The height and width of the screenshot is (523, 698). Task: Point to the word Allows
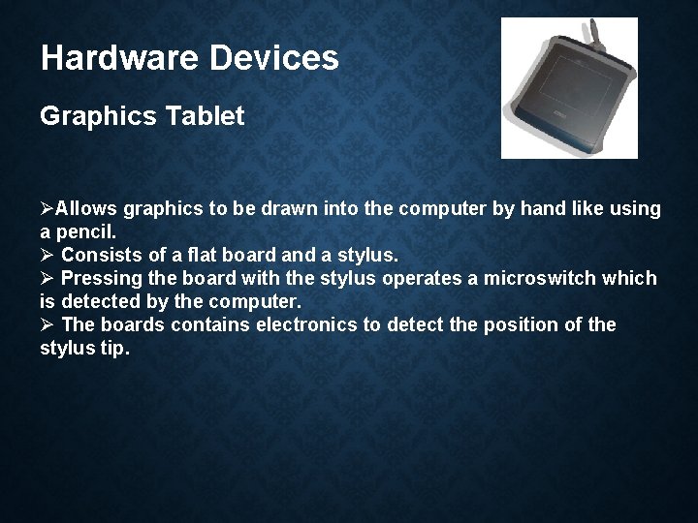click(x=84, y=209)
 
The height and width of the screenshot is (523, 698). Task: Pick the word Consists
click(x=100, y=256)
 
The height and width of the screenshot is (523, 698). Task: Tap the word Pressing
click(x=101, y=279)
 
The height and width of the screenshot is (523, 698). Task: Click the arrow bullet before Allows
click(x=47, y=209)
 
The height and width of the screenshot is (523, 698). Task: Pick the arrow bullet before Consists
click(x=47, y=256)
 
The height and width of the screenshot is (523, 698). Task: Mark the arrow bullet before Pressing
click(x=47, y=279)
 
